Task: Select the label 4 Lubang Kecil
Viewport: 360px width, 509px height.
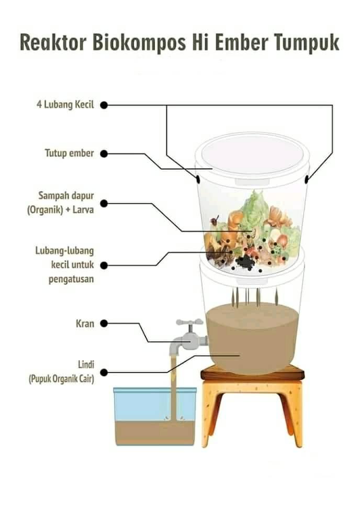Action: pyautogui.click(x=65, y=105)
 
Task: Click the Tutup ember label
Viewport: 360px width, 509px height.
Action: pyautogui.click(x=70, y=153)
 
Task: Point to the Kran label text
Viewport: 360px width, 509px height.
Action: pyautogui.click(x=85, y=323)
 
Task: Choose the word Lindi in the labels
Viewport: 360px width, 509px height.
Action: pyautogui.click(x=86, y=364)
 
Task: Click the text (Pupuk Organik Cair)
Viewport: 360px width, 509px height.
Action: pyautogui.click(x=62, y=379)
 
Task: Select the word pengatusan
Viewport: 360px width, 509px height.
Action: pyautogui.click(x=71, y=279)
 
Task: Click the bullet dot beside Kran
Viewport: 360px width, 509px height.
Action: pyautogui.click(x=104, y=323)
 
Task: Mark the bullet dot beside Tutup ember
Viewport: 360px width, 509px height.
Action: pyautogui.click(x=104, y=153)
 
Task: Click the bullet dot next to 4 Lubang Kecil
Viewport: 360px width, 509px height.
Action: pyautogui.click(x=104, y=105)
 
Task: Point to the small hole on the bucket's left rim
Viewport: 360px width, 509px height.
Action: pyautogui.click(x=197, y=179)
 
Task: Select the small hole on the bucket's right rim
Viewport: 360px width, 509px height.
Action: pyautogui.click(x=307, y=179)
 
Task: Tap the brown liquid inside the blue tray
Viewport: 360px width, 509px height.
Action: pyautogui.click(x=155, y=433)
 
